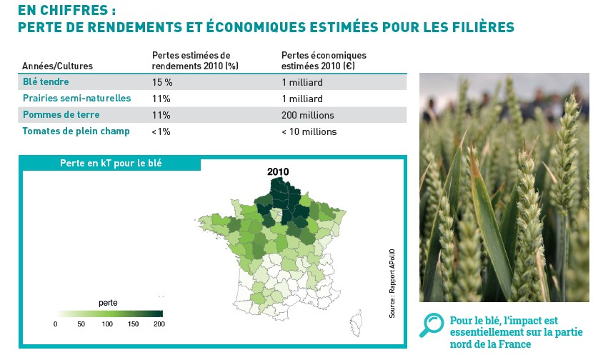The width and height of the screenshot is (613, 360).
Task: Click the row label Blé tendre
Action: (x=46, y=81)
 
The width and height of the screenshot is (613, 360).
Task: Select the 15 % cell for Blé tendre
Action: (x=162, y=82)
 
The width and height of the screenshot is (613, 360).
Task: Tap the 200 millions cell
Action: (x=308, y=115)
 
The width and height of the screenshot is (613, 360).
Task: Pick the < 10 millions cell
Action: (x=309, y=131)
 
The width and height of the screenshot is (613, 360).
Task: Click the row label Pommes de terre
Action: (x=61, y=114)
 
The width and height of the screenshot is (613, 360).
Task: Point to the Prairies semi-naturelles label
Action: (x=76, y=98)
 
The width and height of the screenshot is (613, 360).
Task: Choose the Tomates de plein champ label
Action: (x=76, y=131)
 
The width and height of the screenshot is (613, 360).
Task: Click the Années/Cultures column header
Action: (x=57, y=66)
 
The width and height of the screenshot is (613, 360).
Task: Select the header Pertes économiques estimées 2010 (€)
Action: (x=324, y=61)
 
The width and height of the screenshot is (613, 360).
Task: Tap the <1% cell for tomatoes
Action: (x=161, y=131)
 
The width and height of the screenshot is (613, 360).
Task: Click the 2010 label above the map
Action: (x=278, y=171)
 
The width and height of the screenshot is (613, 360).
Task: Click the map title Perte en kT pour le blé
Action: (x=111, y=163)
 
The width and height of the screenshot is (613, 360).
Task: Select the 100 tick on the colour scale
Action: (x=107, y=324)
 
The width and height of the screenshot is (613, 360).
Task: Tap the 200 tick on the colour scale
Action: (x=159, y=324)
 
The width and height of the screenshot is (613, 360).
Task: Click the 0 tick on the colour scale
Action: (x=55, y=324)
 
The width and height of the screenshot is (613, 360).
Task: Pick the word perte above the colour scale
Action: (x=108, y=303)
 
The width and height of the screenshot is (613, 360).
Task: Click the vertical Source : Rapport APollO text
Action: (x=392, y=284)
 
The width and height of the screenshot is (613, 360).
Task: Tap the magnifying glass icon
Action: (x=432, y=325)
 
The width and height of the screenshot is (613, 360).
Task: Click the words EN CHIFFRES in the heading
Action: (x=63, y=10)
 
